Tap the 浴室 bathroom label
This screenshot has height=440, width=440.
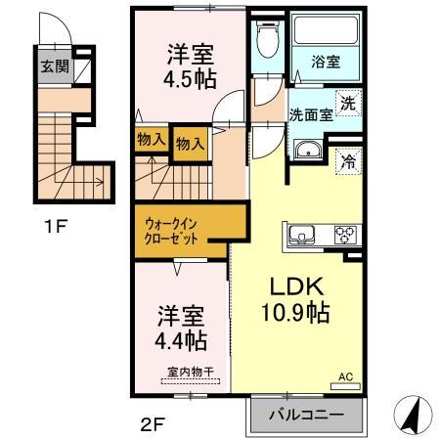[327, 61]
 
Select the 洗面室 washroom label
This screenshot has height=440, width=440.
[311, 112]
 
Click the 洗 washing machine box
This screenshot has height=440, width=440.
[346, 100]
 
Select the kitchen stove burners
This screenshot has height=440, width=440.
[345, 235]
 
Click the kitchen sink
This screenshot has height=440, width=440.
[300, 235]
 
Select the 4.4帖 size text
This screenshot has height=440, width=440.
[182, 342]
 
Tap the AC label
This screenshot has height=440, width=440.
[344, 375]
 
